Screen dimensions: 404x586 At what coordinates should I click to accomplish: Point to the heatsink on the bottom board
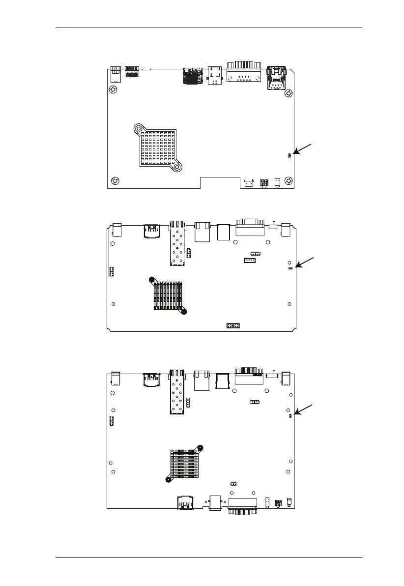tap(185, 464)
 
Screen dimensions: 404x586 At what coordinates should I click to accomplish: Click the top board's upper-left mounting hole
tap(113, 90)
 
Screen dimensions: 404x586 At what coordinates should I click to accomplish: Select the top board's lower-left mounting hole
tap(115, 180)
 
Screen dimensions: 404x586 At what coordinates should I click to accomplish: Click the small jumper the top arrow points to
tap(289, 155)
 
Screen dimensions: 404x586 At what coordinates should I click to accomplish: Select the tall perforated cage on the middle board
tap(176, 243)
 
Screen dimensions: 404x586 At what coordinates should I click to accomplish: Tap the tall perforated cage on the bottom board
tap(176, 392)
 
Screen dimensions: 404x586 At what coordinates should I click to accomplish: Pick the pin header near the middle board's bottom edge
tap(232, 325)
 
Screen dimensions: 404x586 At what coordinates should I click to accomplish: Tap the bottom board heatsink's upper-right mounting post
tap(201, 447)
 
